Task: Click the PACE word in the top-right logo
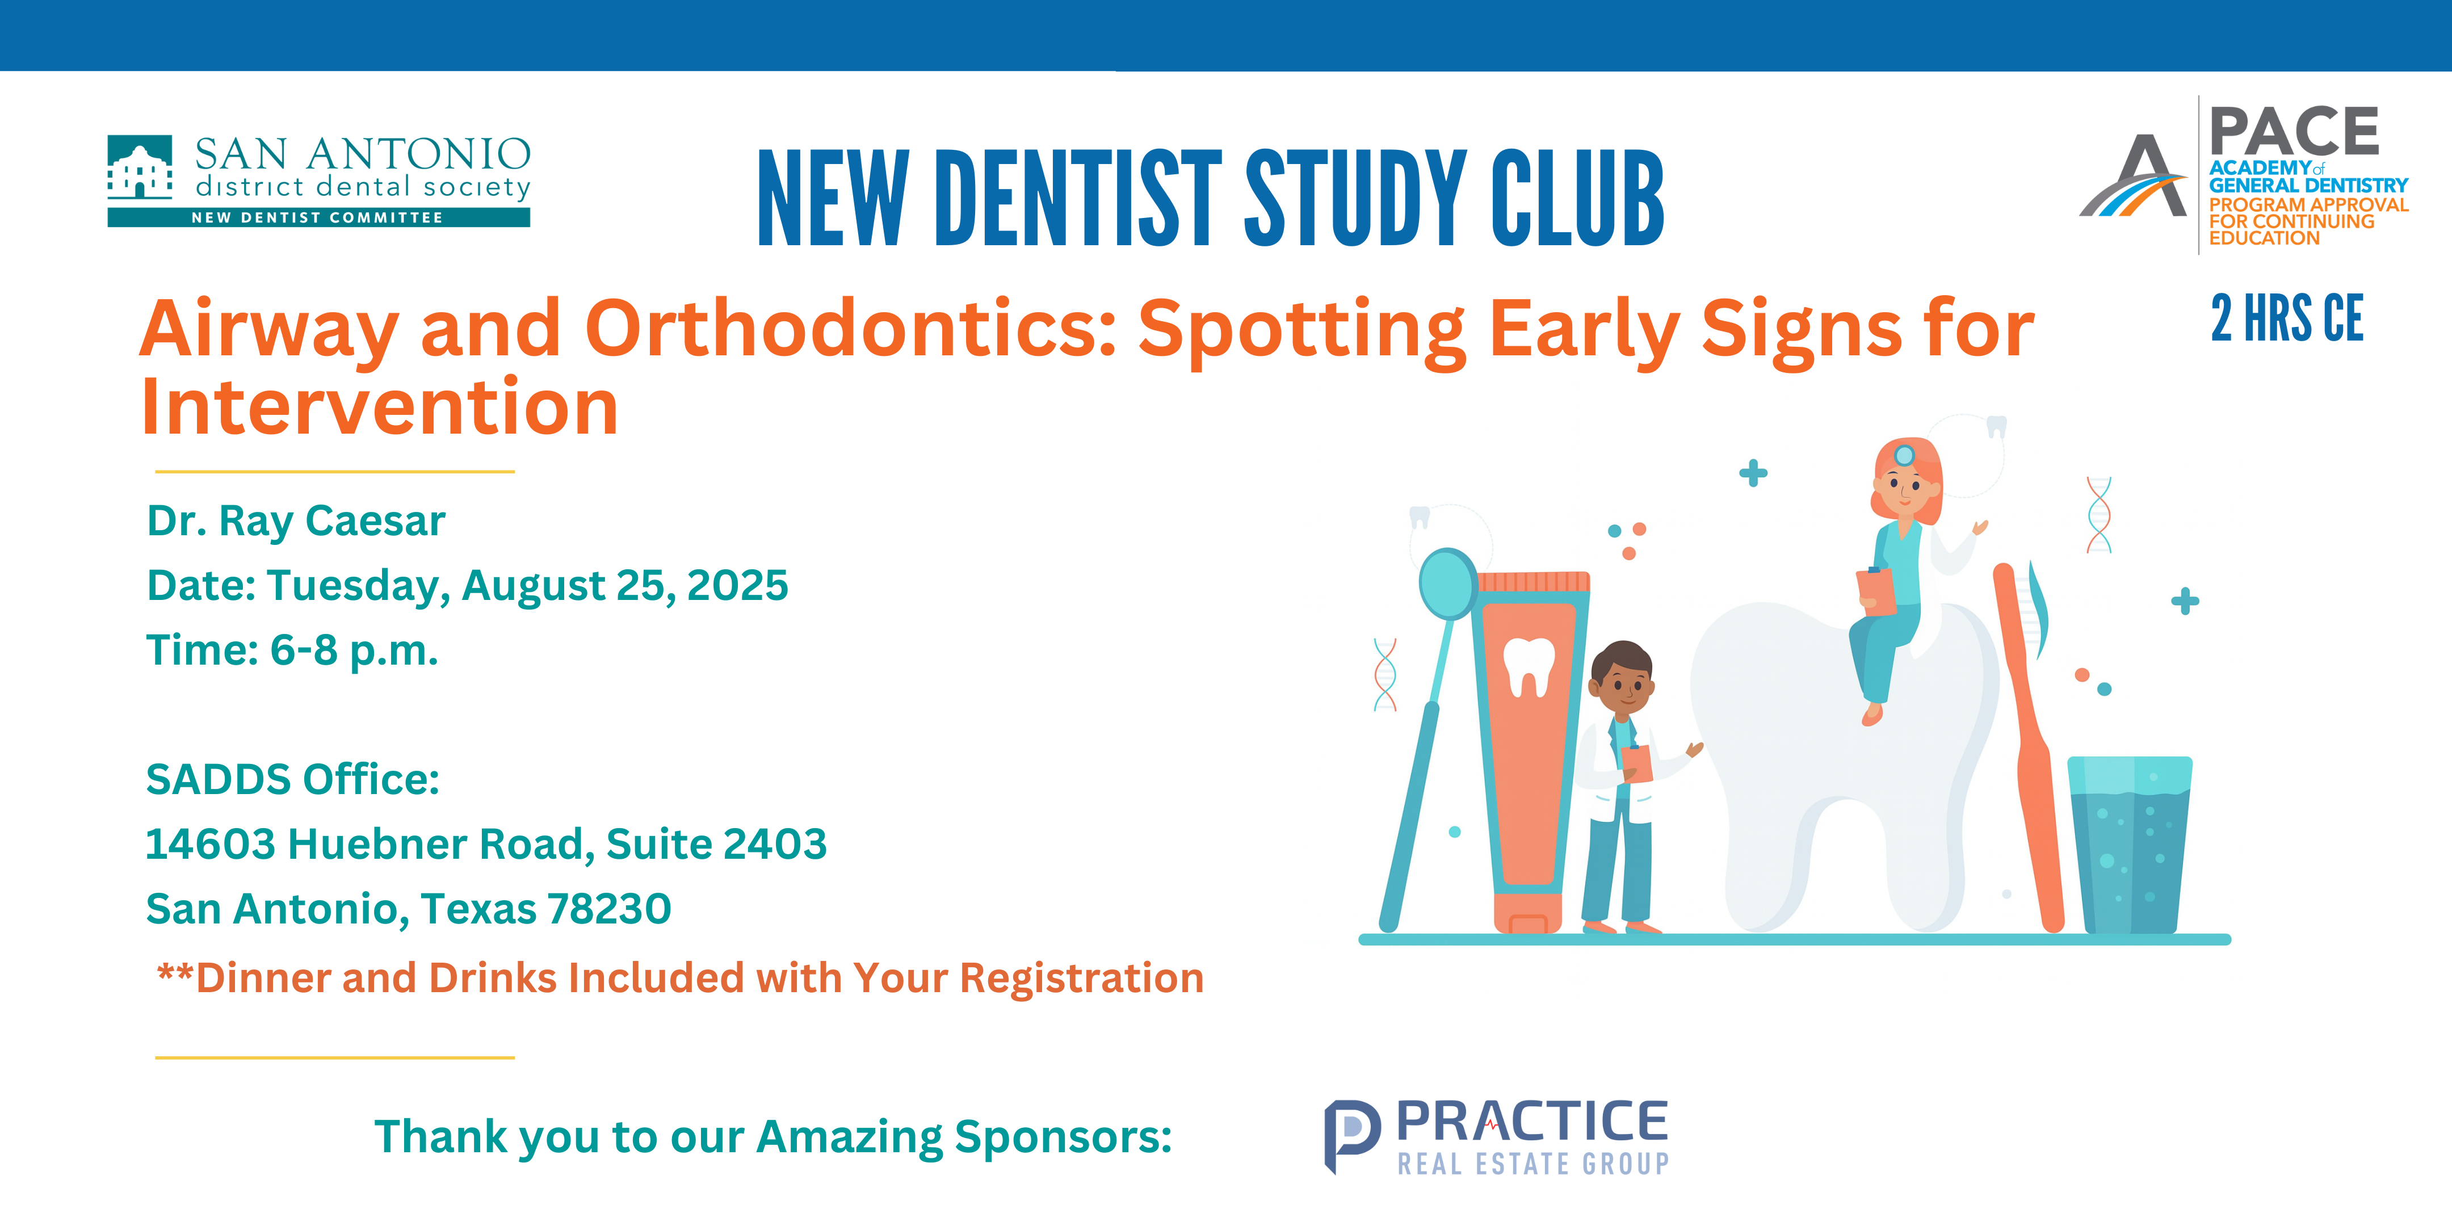click(x=2294, y=131)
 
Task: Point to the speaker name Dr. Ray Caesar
click(x=296, y=520)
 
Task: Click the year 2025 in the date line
click(x=738, y=585)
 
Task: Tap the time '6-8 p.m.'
click(x=354, y=651)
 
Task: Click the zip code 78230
click(x=609, y=909)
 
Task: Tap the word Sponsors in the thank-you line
click(x=1063, y=1136)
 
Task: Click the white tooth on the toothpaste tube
click(x=1529, y=666)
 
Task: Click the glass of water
click(x=2129, y=845)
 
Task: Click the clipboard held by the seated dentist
click(x=1876, y=592)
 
